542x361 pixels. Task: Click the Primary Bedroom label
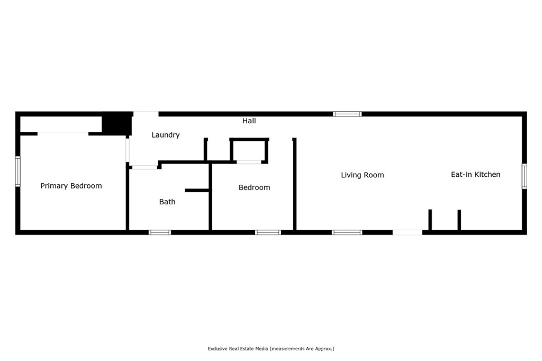(x=71, y=186)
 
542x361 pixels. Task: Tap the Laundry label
(x=166, y=135)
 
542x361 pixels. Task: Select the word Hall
(x=249, y=121)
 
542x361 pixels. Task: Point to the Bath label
(x=167, y=202)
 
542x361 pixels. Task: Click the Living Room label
(x=362, y=175)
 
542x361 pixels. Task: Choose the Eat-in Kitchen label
(x=476, y=175)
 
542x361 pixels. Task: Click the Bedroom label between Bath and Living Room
(x=255, y=187)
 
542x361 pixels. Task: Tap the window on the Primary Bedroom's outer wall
(x=17, y=171)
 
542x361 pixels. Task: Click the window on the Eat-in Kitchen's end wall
(x=525, y=176)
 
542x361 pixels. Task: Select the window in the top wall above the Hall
(x=347, y=114)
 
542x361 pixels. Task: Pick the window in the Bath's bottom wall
(x=160, y=232)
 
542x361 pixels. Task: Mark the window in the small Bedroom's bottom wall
(x=268, y=232)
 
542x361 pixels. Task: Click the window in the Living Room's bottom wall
(x=347, y=232)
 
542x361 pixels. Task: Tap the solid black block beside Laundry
(x=117, y=124)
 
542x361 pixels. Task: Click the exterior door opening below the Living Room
(x=408, y=232)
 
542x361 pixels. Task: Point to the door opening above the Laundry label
(x=146, y=114)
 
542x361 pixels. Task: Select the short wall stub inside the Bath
(x=197, y=191)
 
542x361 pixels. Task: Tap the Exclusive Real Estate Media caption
(x=271, y=348)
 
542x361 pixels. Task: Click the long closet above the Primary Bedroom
(x=61, y=124)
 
